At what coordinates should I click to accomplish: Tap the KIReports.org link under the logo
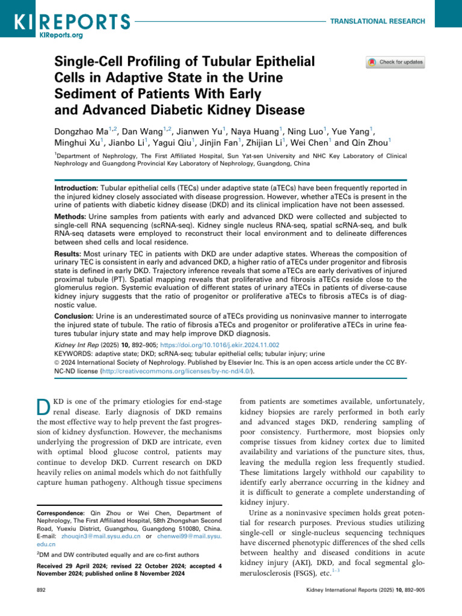61,35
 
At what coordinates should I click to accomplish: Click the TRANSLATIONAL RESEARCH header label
378,21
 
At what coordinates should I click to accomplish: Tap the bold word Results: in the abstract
69,254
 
